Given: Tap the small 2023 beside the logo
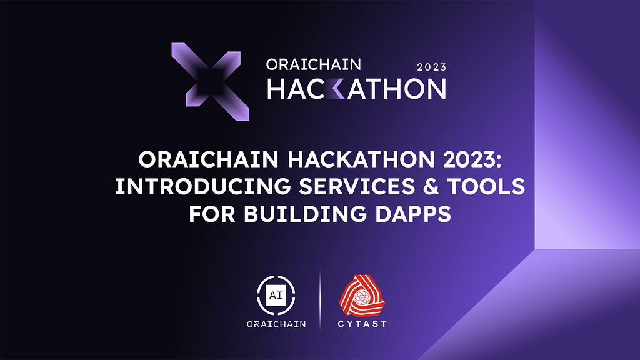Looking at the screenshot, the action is (x=432, y=67).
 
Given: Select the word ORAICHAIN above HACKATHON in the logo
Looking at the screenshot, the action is (x=314, y=64).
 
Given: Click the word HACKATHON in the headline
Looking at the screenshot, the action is (x=361, y=159).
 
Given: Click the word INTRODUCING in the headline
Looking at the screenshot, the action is (x=203, y=186).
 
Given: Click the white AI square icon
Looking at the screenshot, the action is (x=276, y=296).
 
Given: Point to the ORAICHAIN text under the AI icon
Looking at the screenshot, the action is (x=276, y=324).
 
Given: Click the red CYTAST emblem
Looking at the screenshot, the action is (x=362, y=296).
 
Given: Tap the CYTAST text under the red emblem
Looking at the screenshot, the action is (x=362, y=324).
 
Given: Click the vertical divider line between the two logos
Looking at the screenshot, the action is (x=320, y=300).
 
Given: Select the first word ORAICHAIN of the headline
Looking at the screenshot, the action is (x=209, y=159).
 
